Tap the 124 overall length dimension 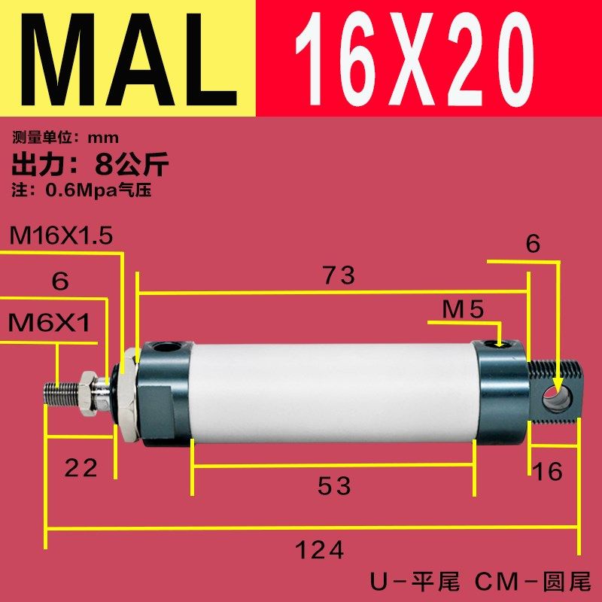coord(319,551)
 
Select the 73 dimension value coord(339,275)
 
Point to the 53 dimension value coord(334,487)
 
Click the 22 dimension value coord(81,468)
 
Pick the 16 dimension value coord(547,472)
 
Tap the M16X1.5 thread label coord(61,236)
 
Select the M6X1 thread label coord(49,324)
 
